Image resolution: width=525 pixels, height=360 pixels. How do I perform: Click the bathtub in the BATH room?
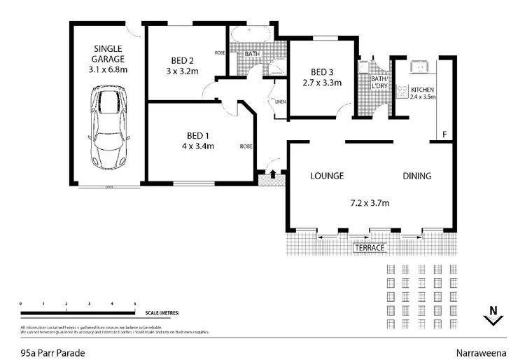250,35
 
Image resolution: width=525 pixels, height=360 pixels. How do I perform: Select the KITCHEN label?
423,90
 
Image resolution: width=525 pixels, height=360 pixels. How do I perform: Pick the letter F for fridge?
442,134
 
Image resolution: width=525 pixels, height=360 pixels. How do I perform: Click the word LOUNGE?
327,176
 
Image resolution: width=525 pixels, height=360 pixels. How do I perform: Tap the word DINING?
416,176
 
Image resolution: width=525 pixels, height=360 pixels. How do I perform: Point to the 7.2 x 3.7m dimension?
370,204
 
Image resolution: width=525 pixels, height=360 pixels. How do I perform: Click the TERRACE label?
370,248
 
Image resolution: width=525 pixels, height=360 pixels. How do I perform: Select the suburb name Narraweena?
483,354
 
